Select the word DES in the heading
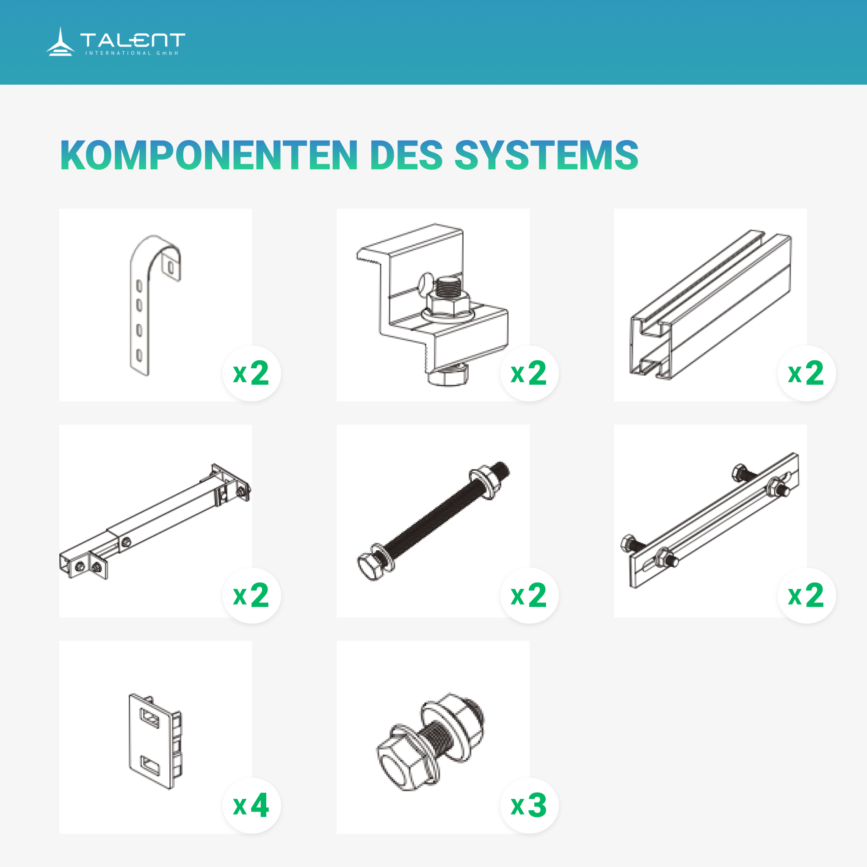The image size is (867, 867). pos(406,155)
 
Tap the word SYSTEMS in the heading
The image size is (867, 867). pos(547,155)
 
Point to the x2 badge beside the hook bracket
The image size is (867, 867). pos(252,373)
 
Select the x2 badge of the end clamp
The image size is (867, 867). pos(529,373)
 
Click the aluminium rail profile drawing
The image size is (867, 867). pos(710,305)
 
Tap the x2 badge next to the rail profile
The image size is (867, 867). pos(806,373)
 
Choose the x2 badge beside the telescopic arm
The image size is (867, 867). pos(252,596)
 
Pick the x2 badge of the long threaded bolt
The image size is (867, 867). pos(529,596)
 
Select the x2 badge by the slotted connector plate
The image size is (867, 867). pos(806,596)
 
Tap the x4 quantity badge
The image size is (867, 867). pos(252,806)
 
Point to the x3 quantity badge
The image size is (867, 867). pos(529,806)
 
